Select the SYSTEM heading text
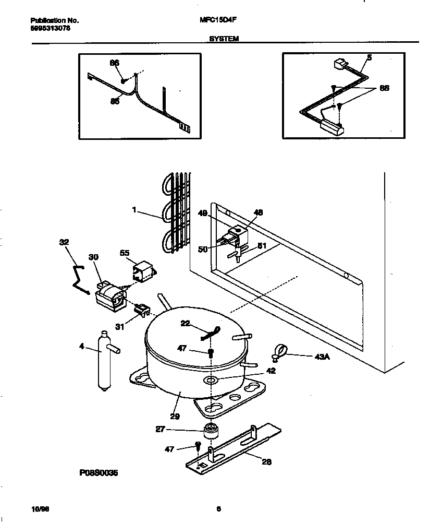(224, 38)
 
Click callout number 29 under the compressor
(175, 416)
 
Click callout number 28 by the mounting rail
(266, 461)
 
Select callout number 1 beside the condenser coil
(134, 210)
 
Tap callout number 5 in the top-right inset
(369, 58)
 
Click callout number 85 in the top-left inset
(115, 101)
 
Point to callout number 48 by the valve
(259, 212)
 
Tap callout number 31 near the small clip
(120, 327)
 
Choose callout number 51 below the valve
(262, 247)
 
